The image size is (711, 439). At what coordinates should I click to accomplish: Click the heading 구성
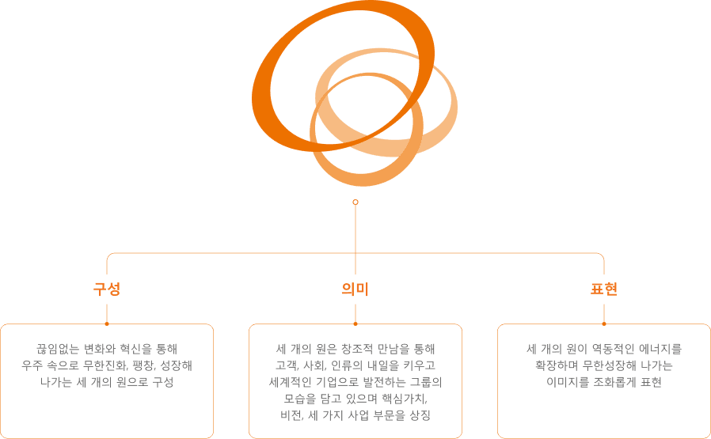point(106,290)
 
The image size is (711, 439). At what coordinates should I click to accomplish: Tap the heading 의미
point(355,290)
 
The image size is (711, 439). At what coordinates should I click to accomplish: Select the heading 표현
point(603,290)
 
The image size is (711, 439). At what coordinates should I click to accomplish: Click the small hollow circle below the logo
point(355,202)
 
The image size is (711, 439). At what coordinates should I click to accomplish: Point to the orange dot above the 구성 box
point(107,324)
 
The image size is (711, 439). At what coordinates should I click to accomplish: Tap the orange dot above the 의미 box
point(355,324)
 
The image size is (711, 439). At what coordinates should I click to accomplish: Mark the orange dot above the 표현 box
point(604,324)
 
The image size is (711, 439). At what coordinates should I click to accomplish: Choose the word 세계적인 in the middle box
point(292,381)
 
